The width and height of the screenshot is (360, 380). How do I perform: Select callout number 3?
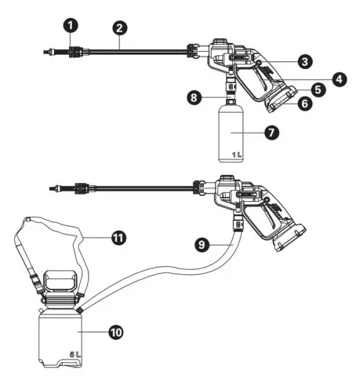303,61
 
